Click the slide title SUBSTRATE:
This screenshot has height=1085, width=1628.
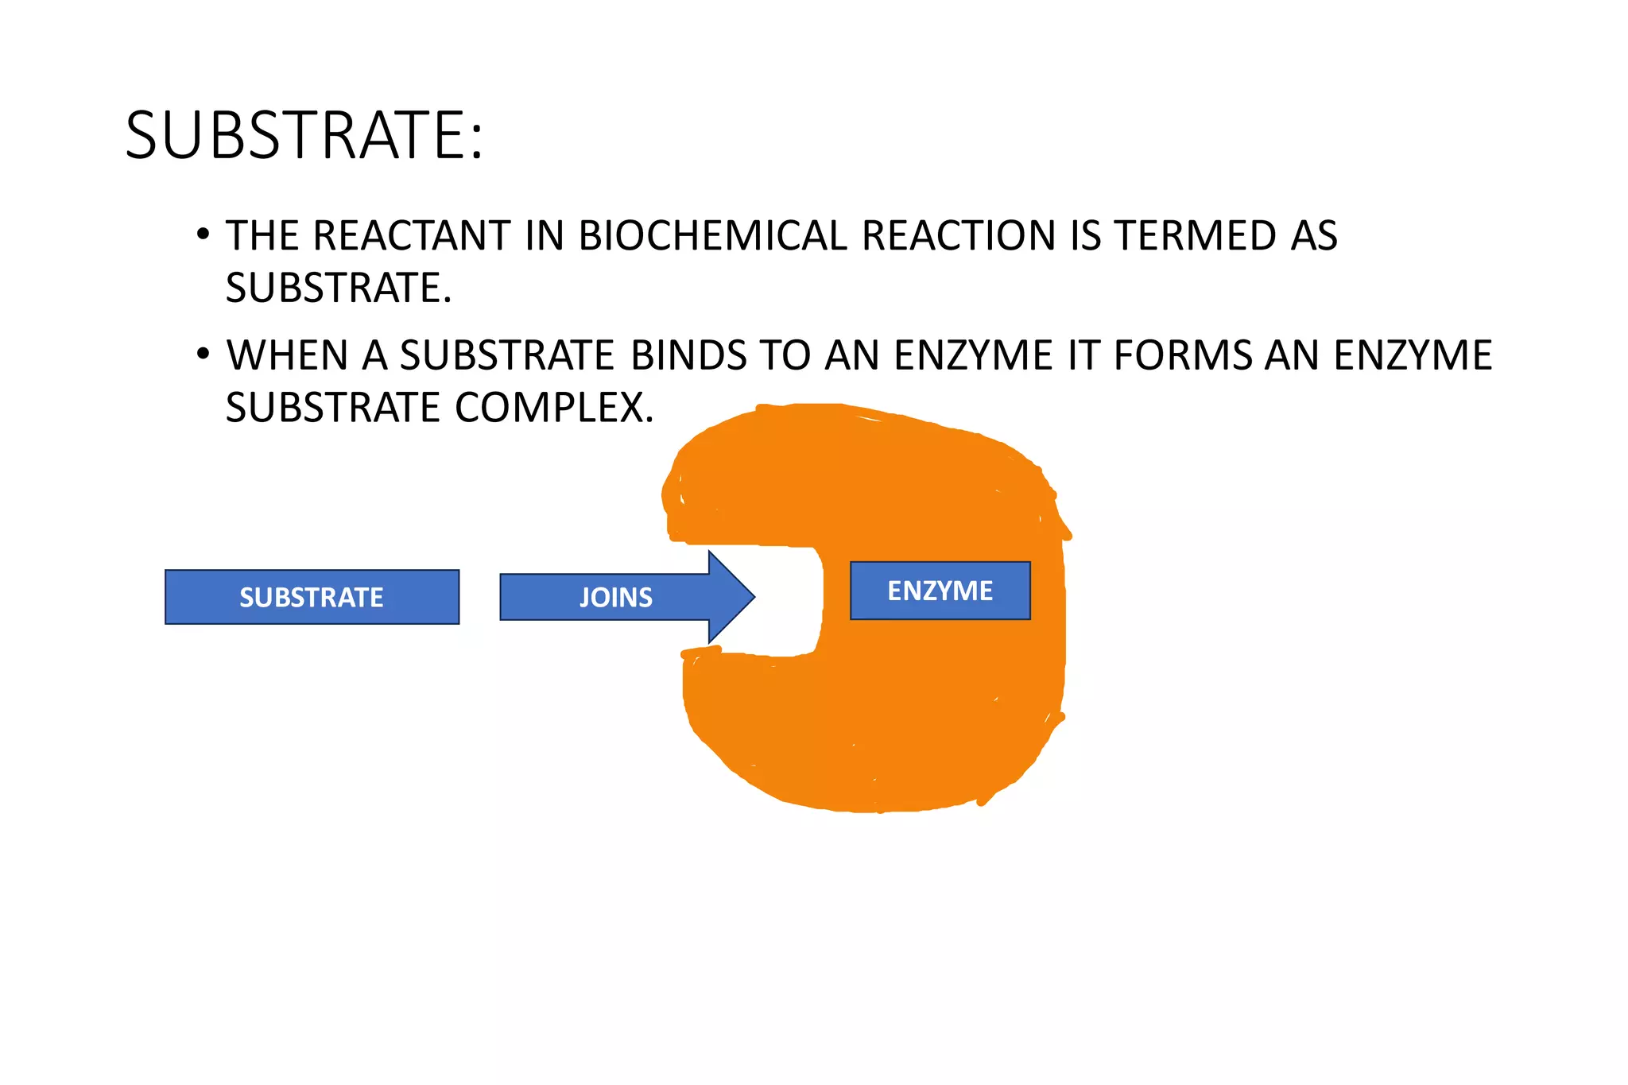tap(304, 135)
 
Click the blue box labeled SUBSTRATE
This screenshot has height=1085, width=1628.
tap(312, 597)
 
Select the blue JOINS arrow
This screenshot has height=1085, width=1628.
tap(616, 597)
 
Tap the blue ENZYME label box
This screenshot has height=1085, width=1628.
tap(940, 591)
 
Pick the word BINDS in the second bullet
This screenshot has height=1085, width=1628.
tap(688, 355)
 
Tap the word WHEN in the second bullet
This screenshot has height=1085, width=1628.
tap(287, 355)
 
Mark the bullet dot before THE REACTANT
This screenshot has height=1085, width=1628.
tap(203, 234)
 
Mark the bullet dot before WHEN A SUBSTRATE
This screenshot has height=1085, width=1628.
tap(203, 354)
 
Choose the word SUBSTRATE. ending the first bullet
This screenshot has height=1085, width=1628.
tap(338, 288)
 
